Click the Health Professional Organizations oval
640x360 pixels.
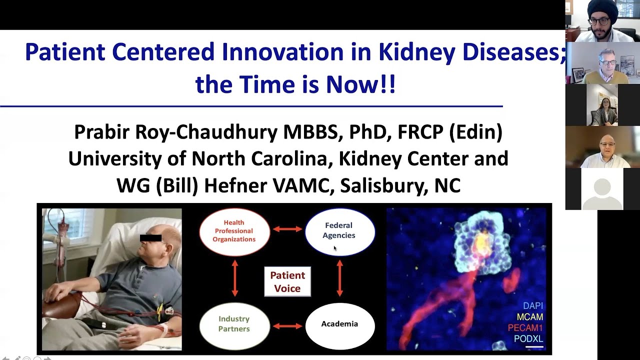click(x=234, y=231)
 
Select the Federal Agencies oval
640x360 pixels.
click(x=339, y=231)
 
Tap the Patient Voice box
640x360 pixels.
click(x=287, y=282)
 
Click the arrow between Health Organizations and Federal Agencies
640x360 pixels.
click(x=287, y=229)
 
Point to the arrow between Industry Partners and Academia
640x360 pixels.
click(x=287, y=326)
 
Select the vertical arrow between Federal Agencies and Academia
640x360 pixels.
click(x=340, y=278)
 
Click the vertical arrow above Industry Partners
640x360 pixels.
click(x=235, y=278)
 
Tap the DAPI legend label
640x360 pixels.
click(x=532, y=305)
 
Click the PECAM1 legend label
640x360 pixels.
click(x=525, y=328)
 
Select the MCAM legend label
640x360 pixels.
click(x=529, y=317)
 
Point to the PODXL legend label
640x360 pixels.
click(x=528, y=339)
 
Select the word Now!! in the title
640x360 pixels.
click(x=360, y=84)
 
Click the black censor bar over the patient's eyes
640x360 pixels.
click(x=151, y=237)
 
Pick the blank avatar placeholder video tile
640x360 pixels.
click(x=602, y=189)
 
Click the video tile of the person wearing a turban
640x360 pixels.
click(x=602, y=21)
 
